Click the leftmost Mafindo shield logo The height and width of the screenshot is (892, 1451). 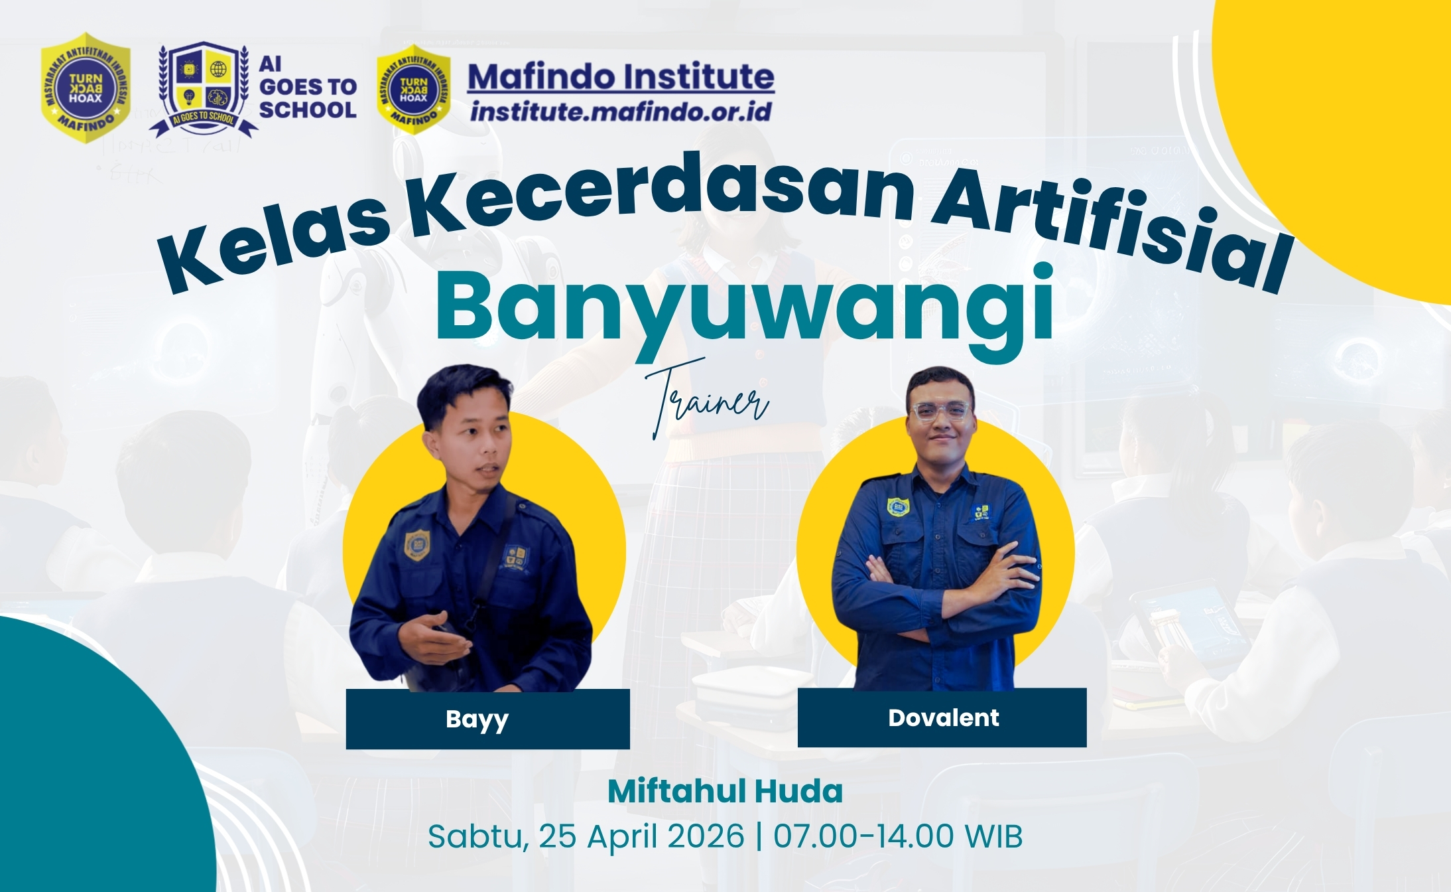pos(86,87)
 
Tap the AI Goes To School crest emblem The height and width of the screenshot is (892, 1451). pos(203,87)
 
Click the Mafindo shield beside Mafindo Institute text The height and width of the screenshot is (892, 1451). pos(413,89)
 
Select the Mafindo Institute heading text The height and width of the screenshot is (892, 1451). pos(621,77)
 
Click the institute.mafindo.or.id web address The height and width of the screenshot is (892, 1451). pos(621,111)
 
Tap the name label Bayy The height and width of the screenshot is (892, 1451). pos(477,719)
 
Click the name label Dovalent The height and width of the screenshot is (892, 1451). pos(943,717)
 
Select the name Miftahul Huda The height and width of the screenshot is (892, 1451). pos(725,791)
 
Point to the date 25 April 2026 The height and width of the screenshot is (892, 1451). pos(641,836)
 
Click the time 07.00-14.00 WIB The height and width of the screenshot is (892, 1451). pos(898,836)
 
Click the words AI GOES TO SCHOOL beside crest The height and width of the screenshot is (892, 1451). pos(307,87)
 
